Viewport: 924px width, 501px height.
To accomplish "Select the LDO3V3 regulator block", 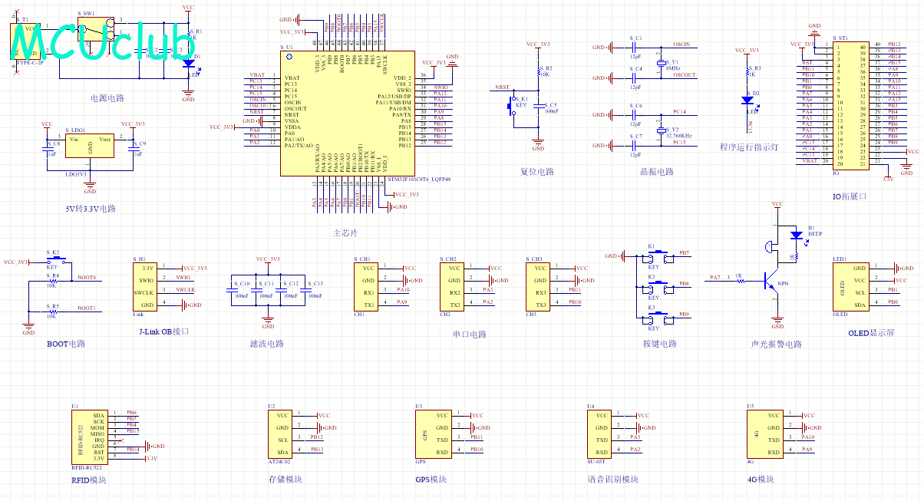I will [x=91, y=147].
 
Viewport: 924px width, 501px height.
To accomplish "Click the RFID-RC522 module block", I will [x=91, y=436].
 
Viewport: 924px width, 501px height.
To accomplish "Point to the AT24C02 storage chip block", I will [x=284, y=434].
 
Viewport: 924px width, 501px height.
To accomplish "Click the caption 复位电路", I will [x=537, y=172].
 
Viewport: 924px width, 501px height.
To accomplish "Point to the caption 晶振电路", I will [x=656, y=172].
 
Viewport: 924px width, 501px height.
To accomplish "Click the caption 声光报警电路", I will [x=776, y=344].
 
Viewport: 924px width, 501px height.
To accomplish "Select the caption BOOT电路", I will [x=66, y=344].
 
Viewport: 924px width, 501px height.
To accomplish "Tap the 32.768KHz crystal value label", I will [x=678, y=136].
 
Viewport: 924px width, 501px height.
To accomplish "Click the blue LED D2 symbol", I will [x=748, y=100].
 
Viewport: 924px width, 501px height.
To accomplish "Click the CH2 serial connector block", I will [x=456, y=286].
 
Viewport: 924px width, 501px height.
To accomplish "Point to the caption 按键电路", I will [x=659, y=344].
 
